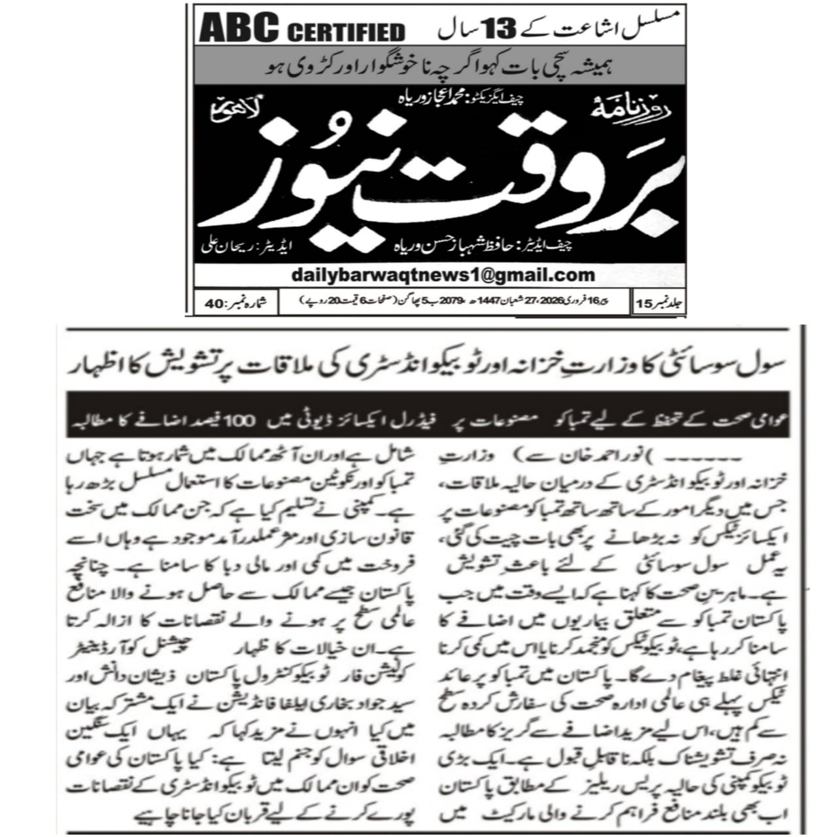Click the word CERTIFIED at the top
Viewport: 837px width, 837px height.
[346, 31]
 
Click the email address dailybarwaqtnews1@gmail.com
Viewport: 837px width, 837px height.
[443, 275]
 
